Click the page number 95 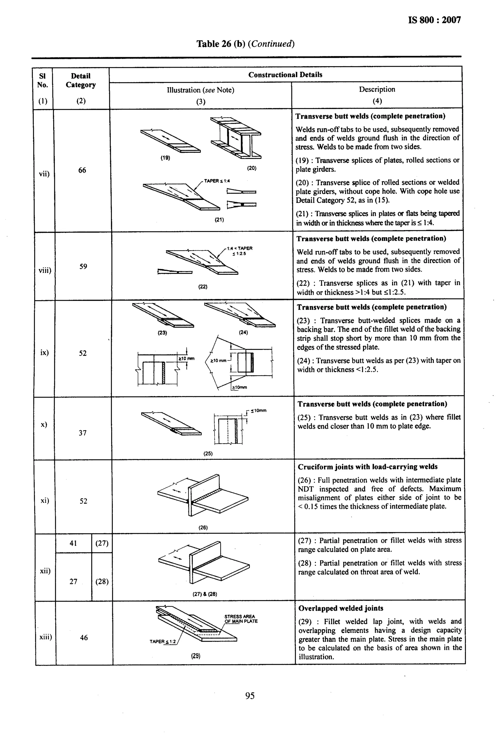(x=249, y=695)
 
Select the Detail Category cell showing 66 (x=82, y=170)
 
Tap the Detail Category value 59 (x=83, y=266)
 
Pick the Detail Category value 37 (x=83, y=433)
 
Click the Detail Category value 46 (x=84, y=637)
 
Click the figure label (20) (x=252, y=168)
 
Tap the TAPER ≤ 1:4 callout (x=217, y=181)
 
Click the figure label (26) (x=203, y=527)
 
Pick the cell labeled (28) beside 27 (x=102, y=582)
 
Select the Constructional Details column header (x=285, y=75)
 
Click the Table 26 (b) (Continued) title (x=245, y=44)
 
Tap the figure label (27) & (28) (x=205, y=594)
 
